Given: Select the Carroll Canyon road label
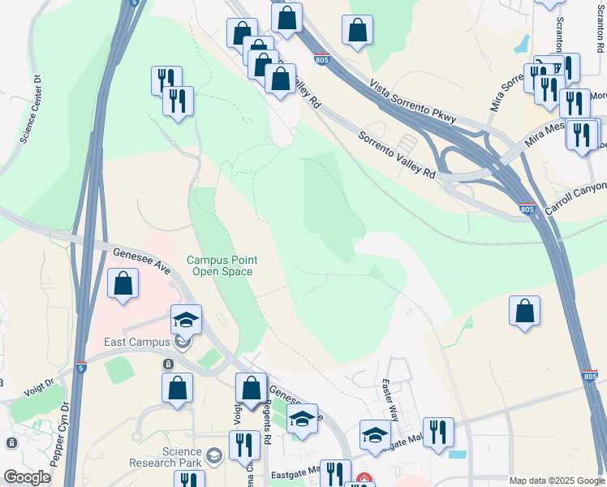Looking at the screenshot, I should (575, 199).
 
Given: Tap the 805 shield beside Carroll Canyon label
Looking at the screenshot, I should (527, 209).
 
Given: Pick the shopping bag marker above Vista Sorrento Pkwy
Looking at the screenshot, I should (357, 30).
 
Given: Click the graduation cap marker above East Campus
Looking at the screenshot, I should (186, 320).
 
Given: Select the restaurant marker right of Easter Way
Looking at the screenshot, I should (438, 431).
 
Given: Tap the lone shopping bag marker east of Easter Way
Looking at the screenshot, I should (525, 310).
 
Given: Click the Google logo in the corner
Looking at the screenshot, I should (27, 477).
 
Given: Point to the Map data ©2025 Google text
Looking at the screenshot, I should (557, 481).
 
